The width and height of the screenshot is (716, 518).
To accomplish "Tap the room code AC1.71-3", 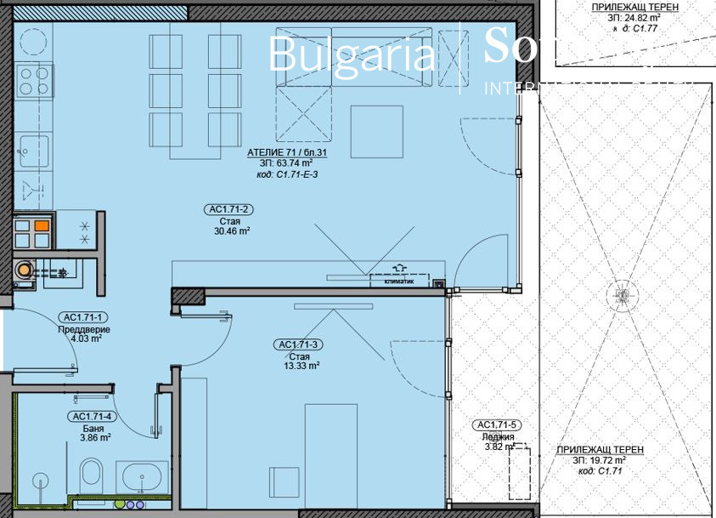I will coord(297,344).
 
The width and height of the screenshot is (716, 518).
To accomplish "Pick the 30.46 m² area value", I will coord(232,230).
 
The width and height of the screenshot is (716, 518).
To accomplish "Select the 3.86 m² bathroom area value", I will coord(94,437).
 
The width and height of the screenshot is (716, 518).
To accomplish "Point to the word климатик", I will coord(398,283).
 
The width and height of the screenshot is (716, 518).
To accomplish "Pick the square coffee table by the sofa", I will coord(376,129).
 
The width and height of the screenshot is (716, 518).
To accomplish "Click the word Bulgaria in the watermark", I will coord(351,54).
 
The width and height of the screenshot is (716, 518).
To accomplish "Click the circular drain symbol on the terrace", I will coord(620,296).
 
